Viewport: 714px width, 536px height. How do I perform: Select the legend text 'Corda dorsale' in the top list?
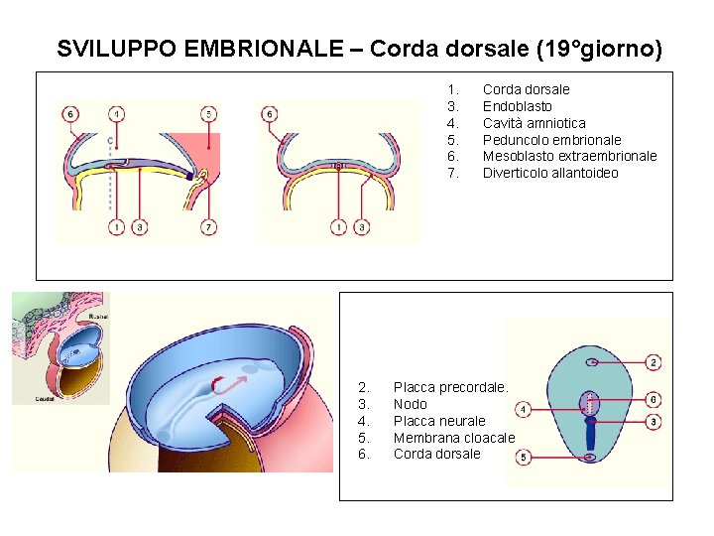pos(526,89)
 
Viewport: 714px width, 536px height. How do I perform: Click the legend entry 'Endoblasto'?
pos(517,106)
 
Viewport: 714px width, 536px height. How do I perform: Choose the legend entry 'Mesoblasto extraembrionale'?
pos(569,156)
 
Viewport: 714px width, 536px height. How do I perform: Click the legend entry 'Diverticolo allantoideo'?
pos(549,173)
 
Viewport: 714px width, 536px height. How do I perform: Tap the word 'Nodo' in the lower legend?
pos(411,404)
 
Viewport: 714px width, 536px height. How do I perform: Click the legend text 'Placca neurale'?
pos(439,421)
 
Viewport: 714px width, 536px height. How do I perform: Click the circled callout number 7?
pos(208,227)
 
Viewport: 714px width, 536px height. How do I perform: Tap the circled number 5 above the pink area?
pos(208,113)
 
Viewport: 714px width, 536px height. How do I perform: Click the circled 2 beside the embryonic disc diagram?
pos(654,363)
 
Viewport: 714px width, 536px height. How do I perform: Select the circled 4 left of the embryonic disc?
pos(523,409)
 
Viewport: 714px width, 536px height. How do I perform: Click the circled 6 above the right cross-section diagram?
pos(270,113)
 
